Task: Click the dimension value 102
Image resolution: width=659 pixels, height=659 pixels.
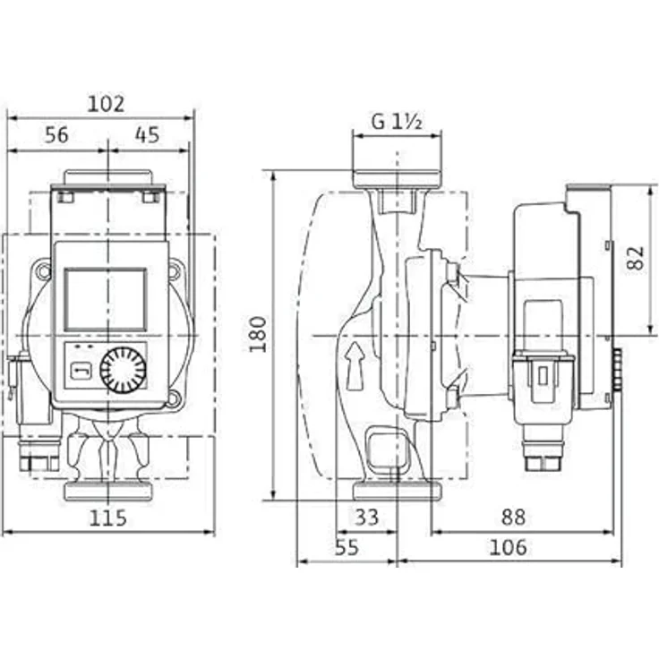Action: [x=106, y=104]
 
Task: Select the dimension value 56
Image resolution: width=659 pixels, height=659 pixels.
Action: [x=56, y=135]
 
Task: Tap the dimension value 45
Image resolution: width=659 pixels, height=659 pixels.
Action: [x=147, y=135]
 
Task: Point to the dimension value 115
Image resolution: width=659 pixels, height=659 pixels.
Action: [x=107, y=518]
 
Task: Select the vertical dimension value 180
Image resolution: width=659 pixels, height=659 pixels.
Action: [x=259, y=333]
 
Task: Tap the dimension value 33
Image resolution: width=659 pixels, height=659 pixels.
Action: [x=367, y=518]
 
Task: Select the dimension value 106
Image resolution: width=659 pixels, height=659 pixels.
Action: [x=509, y=547]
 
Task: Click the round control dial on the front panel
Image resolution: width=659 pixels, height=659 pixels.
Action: [x=123, y=371]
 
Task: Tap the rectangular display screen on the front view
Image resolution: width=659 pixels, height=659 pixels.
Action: [x=106, y=299]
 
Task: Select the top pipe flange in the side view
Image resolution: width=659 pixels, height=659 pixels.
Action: [x=397, y=179]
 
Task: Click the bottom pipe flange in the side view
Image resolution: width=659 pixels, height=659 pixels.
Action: [x=397, y=491]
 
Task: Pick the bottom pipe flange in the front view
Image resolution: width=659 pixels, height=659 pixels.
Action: [x=107, y=490]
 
